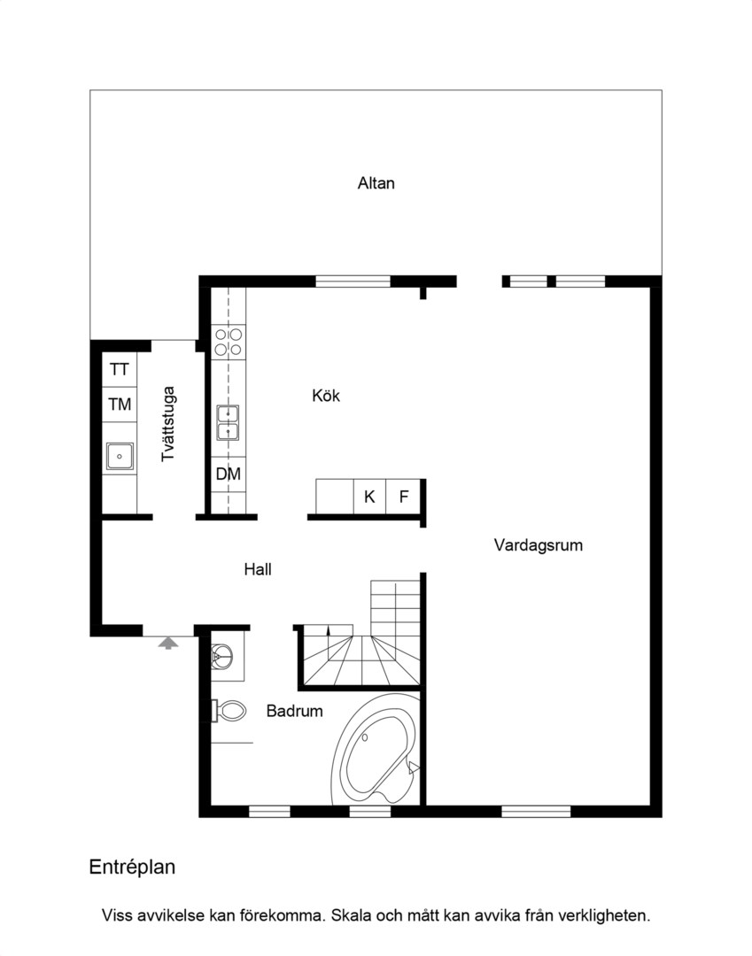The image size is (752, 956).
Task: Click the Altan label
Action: click(x=376, y=183)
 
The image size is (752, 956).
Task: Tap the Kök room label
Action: click(x=326, y=396)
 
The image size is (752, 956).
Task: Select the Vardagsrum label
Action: click(x=538, y=545)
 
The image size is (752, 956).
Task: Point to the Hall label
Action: click(x=258, y=569)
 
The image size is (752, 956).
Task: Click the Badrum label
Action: click(x=295, y=711)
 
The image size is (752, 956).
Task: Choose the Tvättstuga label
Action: click(x=167, y=424)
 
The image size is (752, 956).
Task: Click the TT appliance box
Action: click(x=120, y=369)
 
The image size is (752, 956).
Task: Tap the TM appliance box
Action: click(x=120, y=405)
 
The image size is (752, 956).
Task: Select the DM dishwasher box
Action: click(x=229, y=474)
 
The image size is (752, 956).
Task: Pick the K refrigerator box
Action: click(x=369, y=497)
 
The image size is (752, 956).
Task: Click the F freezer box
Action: click(x=403, y=497)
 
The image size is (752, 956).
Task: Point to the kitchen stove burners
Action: click(x=229, y=342)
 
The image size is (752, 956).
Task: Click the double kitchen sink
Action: click(x=229, y=422)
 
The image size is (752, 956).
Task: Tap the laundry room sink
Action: click(x=120, y=456)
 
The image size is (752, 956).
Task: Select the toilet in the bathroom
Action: click(x=229, y=710)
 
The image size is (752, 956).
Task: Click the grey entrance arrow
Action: click(x=167, y=644)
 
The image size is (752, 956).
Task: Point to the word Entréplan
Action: click(x=132, y=867)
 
